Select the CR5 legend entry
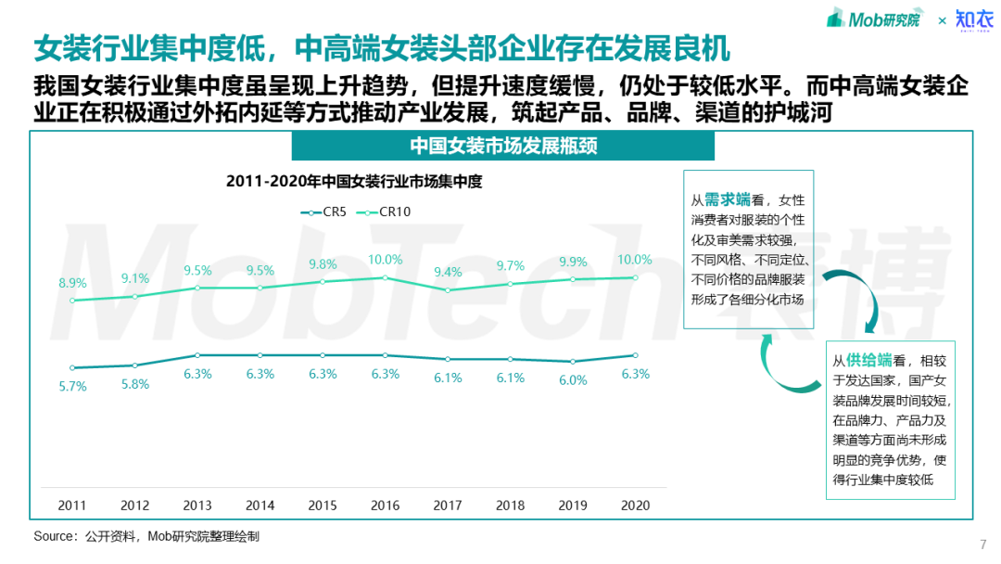(324, 211)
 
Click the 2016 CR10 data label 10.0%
(386, 260)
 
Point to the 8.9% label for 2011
(72, 283)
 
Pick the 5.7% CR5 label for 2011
(72, 386)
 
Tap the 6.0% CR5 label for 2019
(573, 380)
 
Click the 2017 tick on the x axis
(448, 506)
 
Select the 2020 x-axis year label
(636, 506)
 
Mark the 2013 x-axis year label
(197, 506)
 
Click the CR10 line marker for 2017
(448, 289)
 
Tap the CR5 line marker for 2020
(636, 355)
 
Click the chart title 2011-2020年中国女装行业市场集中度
(354, 182)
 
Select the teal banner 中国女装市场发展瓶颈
(503, 147)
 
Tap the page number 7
(982, 545)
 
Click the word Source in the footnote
(55, 536)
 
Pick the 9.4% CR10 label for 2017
(448, 272)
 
